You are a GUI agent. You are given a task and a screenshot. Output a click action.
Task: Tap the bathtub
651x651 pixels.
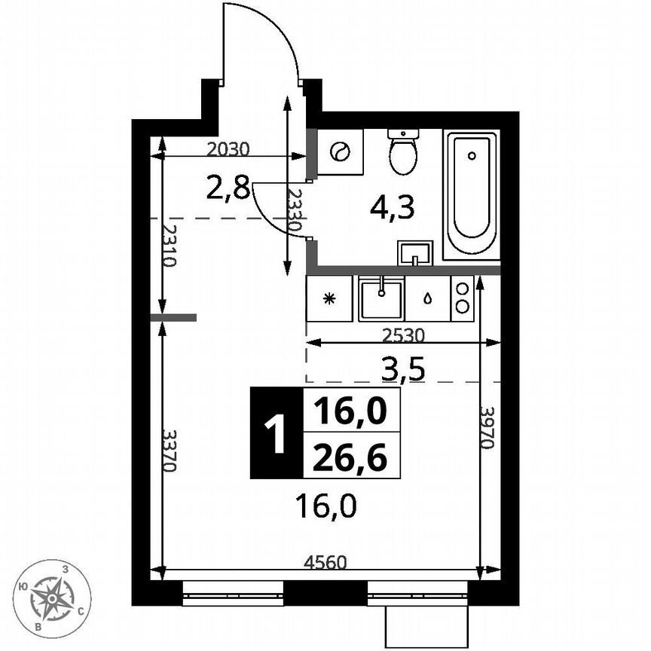471,195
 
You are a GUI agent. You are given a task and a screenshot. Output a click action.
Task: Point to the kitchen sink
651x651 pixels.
381,298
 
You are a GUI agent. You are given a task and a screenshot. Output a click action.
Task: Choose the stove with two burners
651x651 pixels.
462,298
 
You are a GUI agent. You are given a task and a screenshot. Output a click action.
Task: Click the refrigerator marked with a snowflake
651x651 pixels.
329,298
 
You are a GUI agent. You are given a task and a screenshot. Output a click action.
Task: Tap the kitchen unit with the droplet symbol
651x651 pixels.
427,298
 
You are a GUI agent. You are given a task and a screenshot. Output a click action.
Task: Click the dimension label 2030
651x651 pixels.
228,149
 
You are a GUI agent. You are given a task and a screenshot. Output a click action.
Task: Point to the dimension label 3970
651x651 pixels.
487,428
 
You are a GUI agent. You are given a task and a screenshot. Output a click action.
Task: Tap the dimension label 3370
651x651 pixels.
170,451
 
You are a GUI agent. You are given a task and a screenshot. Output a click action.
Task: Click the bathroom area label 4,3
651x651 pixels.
392,207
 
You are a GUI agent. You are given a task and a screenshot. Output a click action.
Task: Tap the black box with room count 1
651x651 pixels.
277,434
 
